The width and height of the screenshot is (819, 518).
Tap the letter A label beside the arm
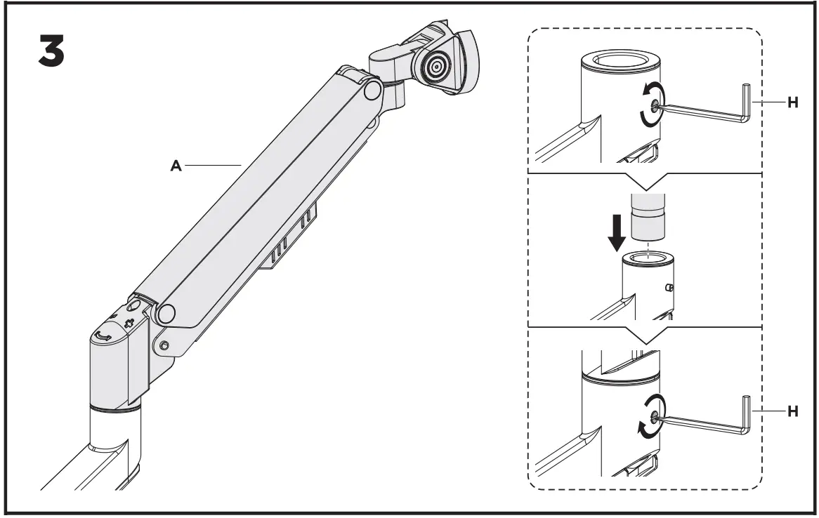(176, 166)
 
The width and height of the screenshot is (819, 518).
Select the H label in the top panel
(792, 102)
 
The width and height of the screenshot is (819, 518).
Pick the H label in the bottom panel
(792, 412)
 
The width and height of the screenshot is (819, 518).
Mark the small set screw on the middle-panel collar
(670, 287)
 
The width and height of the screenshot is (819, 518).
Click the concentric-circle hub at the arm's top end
(436, 67)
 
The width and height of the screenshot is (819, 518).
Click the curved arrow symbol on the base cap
(104, 337)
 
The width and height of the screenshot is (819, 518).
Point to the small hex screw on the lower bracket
(164, 345)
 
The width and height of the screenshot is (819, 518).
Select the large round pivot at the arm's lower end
(166, 313)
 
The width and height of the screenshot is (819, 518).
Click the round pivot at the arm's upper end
(372, 90)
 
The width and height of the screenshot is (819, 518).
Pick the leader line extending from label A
(214, 166)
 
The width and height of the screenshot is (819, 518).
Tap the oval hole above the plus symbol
(133, 306)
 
